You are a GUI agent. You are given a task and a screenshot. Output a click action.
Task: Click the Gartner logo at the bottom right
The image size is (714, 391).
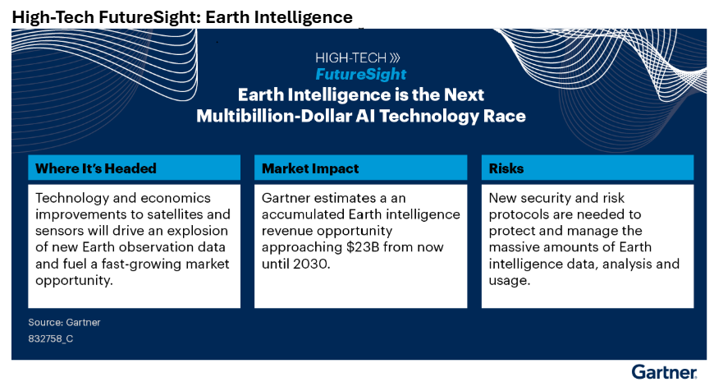coord(664,372)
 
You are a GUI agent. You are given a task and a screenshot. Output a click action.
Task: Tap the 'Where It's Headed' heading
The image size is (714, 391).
coord(96,168)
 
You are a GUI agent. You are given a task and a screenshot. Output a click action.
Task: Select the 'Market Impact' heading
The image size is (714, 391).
coord(310,168)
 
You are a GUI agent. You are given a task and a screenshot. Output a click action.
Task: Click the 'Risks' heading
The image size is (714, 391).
coord(506,168)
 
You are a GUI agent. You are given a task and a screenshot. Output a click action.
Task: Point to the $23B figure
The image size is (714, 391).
coord(363,247)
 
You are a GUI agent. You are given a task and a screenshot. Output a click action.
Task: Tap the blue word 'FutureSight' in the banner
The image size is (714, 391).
coord(360,74)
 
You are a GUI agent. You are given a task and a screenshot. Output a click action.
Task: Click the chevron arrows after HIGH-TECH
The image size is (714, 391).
coord(395,57)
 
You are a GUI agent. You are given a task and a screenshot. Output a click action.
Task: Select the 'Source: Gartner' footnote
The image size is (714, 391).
coord(64,322)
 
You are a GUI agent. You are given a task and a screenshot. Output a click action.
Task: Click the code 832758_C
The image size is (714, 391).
coord(51,338)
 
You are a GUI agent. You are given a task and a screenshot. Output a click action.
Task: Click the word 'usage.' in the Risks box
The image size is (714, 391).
coord(510,281)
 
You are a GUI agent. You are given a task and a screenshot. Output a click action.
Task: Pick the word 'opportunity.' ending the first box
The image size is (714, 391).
coord(74,281)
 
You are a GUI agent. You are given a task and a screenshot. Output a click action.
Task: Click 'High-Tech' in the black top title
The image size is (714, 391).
coord(53,17)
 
